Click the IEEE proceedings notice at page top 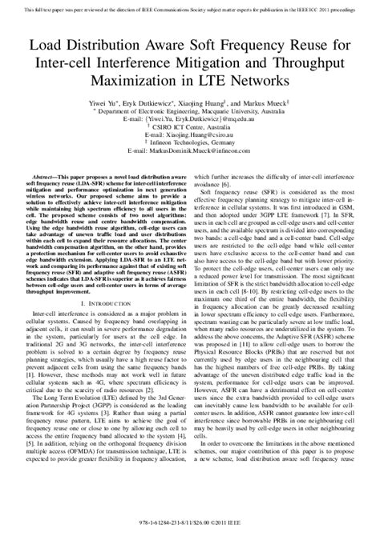coord(190,6)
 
